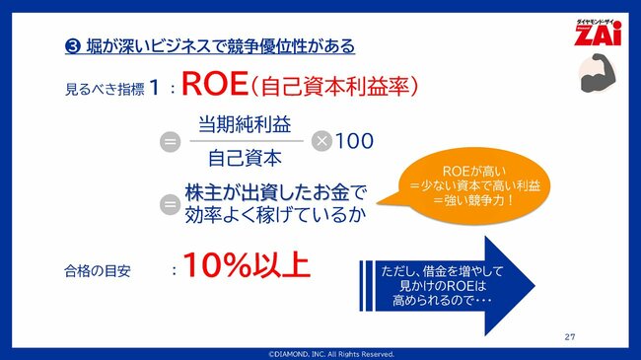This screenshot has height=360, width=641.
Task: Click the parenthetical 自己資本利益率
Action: point(334,87)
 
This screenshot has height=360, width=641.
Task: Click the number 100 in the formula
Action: point(354,141)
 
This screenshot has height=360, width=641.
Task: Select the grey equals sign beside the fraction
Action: point(170,141)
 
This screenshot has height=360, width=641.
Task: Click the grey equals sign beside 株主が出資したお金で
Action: point(170,204)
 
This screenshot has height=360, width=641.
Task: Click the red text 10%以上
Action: point(248,266)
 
